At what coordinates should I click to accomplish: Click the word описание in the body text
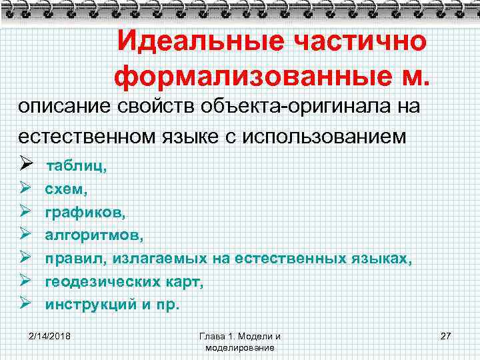click(63, 107)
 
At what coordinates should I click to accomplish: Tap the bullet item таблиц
click(75, 167)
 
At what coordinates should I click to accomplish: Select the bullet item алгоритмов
click(93, 235)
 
